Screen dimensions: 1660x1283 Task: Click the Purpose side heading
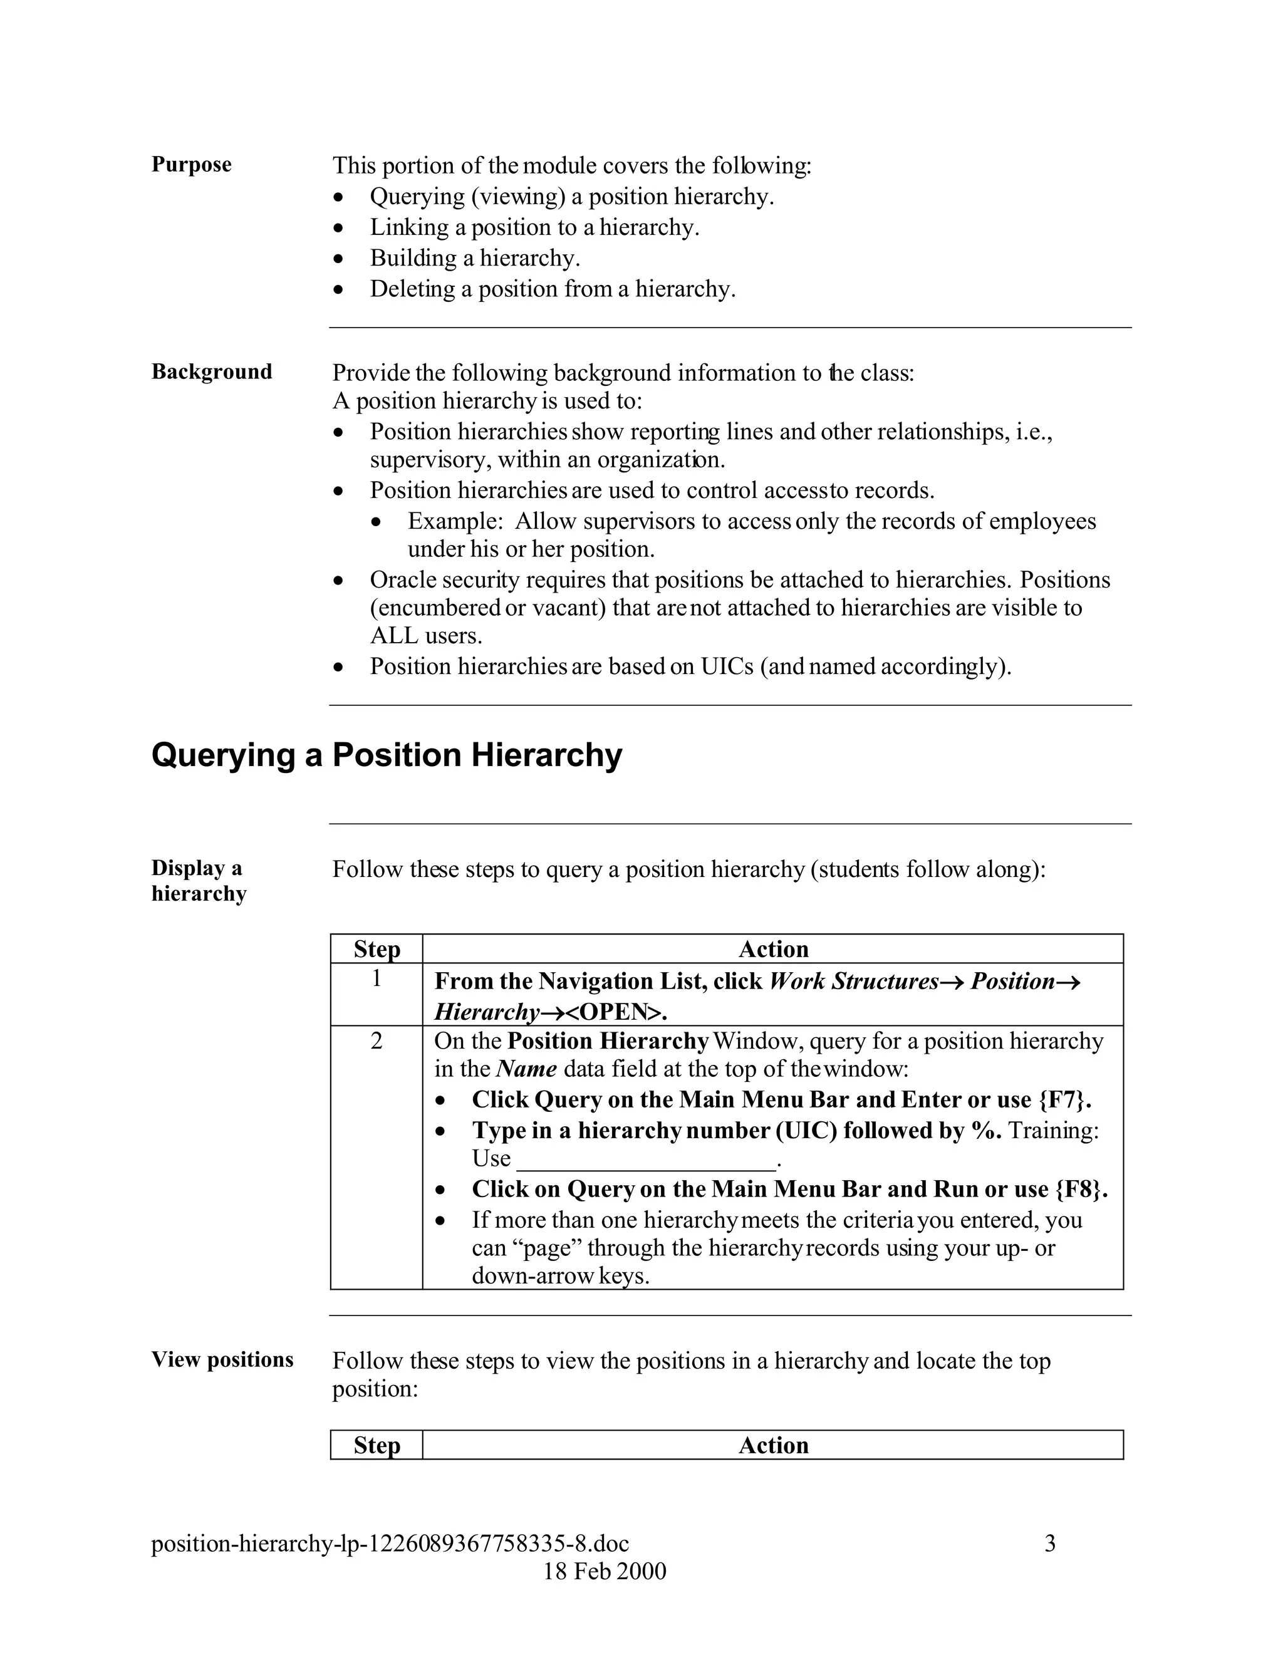click(x=191, y=164)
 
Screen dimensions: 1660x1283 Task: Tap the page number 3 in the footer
click(x=1050, y=1543)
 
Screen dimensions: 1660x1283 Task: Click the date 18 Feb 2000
click(x=605, y=1571)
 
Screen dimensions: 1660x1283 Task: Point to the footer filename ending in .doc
click(x=390, y=1543)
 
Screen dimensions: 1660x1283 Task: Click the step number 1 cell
click(x=377, y=979)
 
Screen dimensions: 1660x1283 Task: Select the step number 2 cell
click(x=377, y=1041)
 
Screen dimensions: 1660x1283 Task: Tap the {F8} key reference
click(x=1080, y=1190)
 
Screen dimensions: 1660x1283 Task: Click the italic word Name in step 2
click(x=526, y=1069)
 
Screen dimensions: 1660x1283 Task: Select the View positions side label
click(x=222, y=1360)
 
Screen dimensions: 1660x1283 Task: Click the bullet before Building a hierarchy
click(x=339, y=259)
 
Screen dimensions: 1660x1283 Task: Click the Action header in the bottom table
click(x=773, y=1445)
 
